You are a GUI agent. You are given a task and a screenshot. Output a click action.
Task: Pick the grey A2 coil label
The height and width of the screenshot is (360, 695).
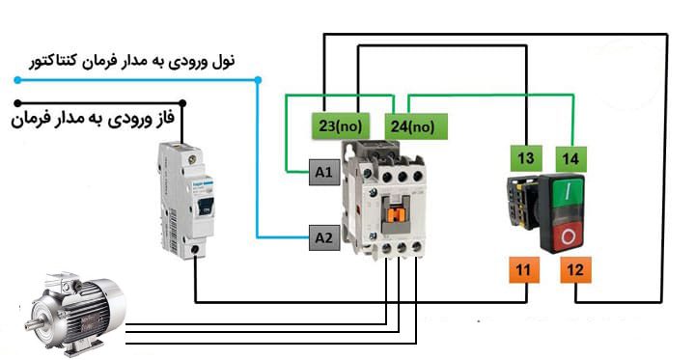(323, 236)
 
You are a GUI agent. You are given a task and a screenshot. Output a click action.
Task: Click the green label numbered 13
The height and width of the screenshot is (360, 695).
(525, 158)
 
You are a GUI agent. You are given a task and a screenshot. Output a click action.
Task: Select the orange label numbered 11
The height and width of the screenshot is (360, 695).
(522, 271)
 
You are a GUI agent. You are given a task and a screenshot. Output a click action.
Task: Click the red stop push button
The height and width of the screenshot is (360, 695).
(569, 235)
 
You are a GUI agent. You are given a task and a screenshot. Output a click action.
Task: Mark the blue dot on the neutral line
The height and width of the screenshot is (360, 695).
(257, 79)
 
